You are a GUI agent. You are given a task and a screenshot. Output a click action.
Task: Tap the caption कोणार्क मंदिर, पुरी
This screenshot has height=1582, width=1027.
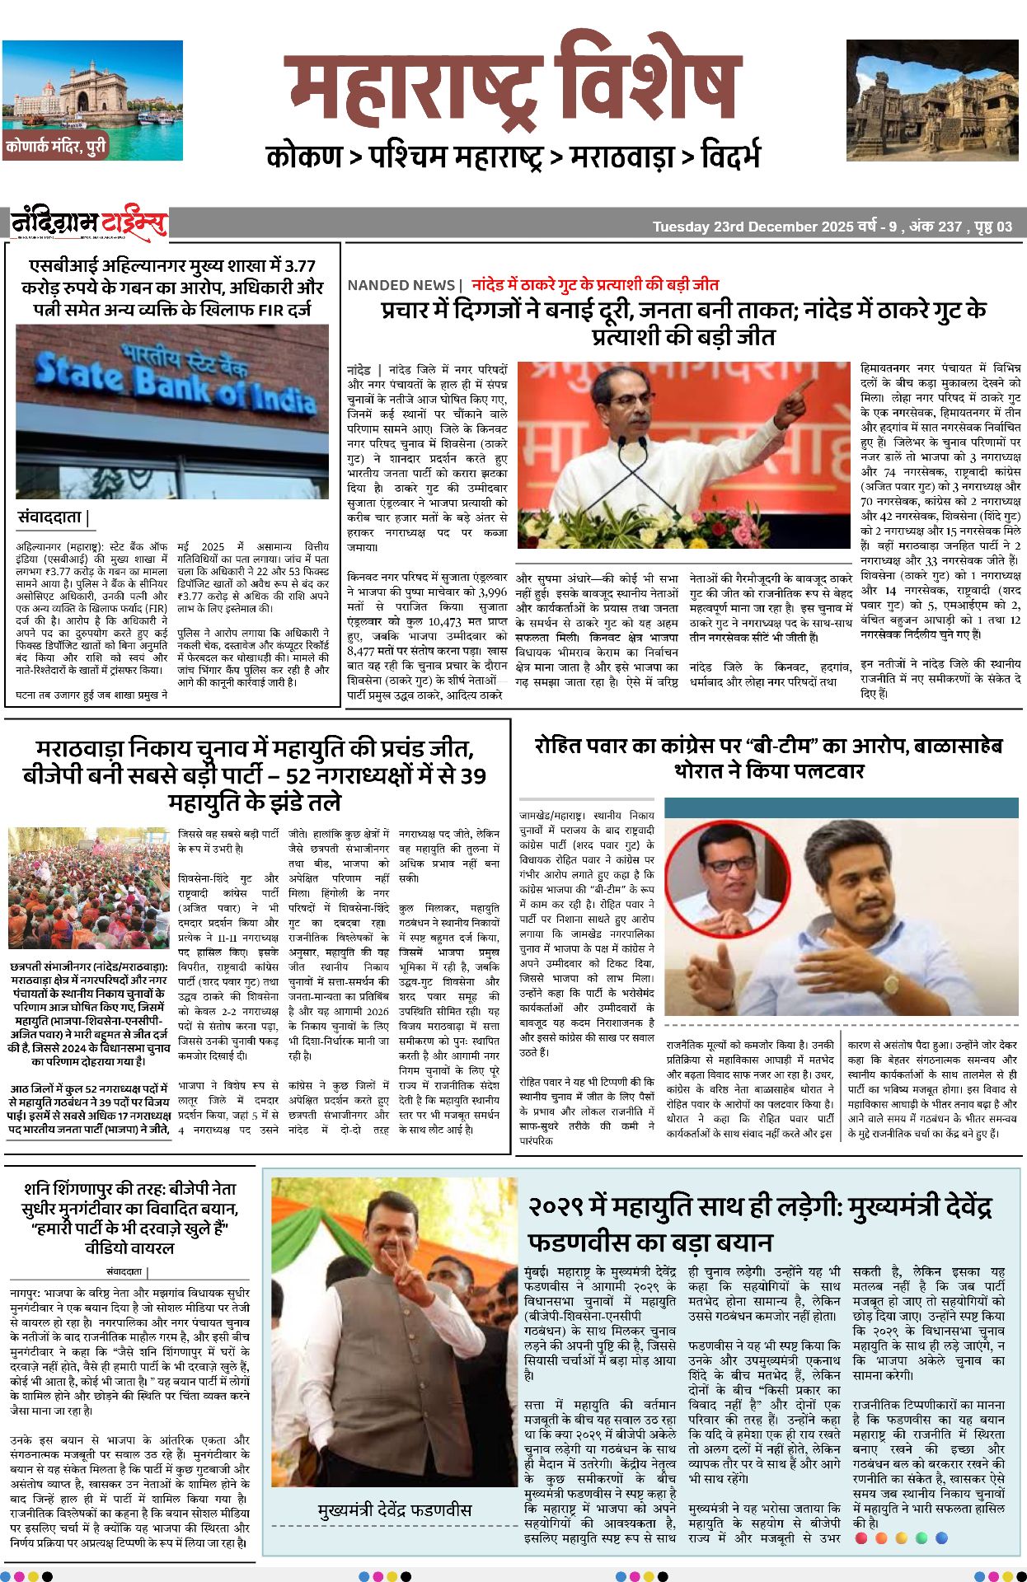tap(56, 147)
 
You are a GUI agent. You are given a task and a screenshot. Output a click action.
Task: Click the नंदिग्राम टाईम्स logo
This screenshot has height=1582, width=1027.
tap(89, 223)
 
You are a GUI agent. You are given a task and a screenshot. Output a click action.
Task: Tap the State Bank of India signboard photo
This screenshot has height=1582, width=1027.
tap(172, 411)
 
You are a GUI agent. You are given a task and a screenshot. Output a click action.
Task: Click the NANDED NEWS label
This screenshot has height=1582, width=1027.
tap(401, 285)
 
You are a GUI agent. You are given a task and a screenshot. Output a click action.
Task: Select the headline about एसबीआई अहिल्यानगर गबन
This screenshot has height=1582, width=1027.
tap(172, 288)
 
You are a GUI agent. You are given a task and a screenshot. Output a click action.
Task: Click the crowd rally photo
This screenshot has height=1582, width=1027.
tap(88, 887)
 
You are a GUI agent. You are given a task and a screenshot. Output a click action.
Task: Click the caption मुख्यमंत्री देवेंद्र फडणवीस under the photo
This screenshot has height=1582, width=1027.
tap(395, 1509)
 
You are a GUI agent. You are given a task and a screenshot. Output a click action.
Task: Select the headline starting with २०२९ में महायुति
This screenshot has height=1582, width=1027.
tap(759, 1223)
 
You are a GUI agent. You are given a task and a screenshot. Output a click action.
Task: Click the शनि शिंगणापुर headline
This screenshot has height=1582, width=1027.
tap(130, 1218)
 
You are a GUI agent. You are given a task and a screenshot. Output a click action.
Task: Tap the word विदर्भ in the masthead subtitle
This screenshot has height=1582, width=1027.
tap(729, 157)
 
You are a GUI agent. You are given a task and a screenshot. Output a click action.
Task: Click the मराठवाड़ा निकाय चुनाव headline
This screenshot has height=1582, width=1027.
tap(255, 775)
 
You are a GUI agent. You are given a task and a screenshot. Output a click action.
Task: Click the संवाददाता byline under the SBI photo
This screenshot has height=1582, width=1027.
tap(51, 517)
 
